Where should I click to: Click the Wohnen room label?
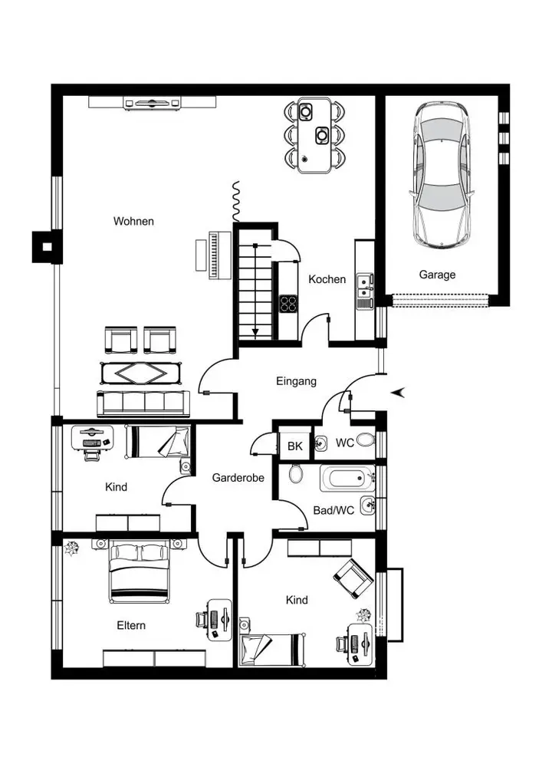point(133,221)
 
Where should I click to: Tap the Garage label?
point(438,275)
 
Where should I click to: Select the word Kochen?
point(327,279)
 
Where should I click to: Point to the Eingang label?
point(296,381)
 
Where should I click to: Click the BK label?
point(295,446)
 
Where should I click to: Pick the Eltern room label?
point(131,625)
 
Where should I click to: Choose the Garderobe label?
point(238,477)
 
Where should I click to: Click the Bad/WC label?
point(333,510)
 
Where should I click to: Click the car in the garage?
point(442,175)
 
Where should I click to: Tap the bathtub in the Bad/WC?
point(347,478)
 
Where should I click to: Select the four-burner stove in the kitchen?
point(288,304)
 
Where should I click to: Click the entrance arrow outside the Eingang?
point(399,392)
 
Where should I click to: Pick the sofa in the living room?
point(143,403)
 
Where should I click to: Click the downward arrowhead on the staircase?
point(255,333)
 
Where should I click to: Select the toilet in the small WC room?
point(365,439)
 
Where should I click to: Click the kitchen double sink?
point(363,287)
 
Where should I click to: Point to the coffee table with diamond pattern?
point(141,374)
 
